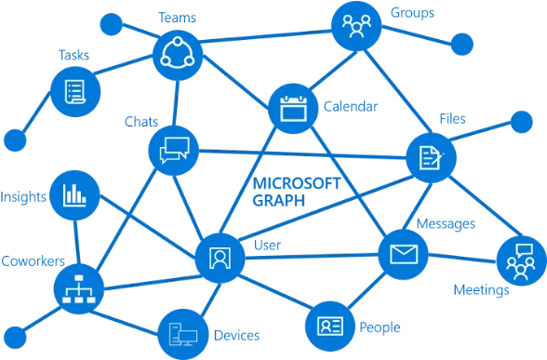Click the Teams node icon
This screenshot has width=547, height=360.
tap(178, 56)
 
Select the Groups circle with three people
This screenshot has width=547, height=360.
tap(356, 26)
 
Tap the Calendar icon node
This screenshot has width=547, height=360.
tap(293, 109)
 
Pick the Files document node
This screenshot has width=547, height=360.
tap(432, 158)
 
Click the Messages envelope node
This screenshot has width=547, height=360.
tap(404, 254)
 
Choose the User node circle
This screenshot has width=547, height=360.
tap(220, 259)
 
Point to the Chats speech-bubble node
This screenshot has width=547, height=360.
tap(174, 151)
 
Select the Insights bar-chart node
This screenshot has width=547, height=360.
tap(74, 195)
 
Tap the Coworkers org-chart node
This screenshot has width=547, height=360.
tap(79, 288)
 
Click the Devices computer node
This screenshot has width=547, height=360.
tap(183, 335)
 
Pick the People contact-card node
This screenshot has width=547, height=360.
tap(330, 327)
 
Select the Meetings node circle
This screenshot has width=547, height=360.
tap(522, 260)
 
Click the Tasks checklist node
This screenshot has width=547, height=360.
tap(75, 92)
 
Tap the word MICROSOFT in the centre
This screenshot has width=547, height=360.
tap(297, 183)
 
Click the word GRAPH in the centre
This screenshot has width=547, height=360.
tap(279, 201)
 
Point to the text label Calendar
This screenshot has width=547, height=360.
tap(351, 106)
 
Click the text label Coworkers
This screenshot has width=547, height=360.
tap(33, 260)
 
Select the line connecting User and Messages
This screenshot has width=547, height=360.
tap(312, 257)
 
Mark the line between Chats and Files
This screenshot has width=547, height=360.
tap(302, 154)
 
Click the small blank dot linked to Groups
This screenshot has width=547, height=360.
tap(461, 45)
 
